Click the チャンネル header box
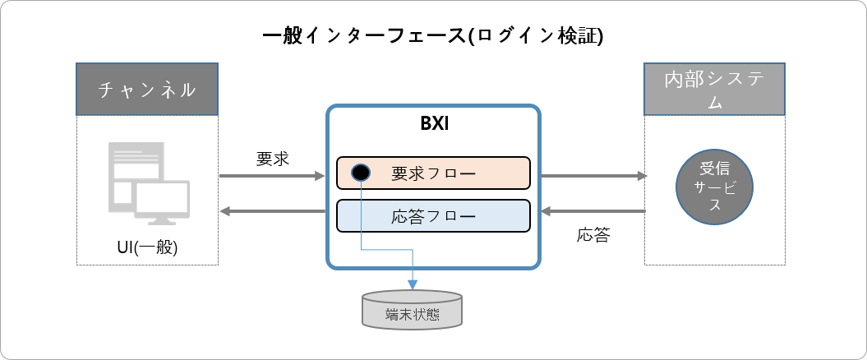[x=147, y=89]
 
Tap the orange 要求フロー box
[x=433, y=173]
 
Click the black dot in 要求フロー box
[x=360, y=173]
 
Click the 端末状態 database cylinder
[x=412, y=311]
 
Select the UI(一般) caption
[x=148, y=247]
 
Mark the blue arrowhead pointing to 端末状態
[x=412, y=283]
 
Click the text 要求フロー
[x=433, y=173]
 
